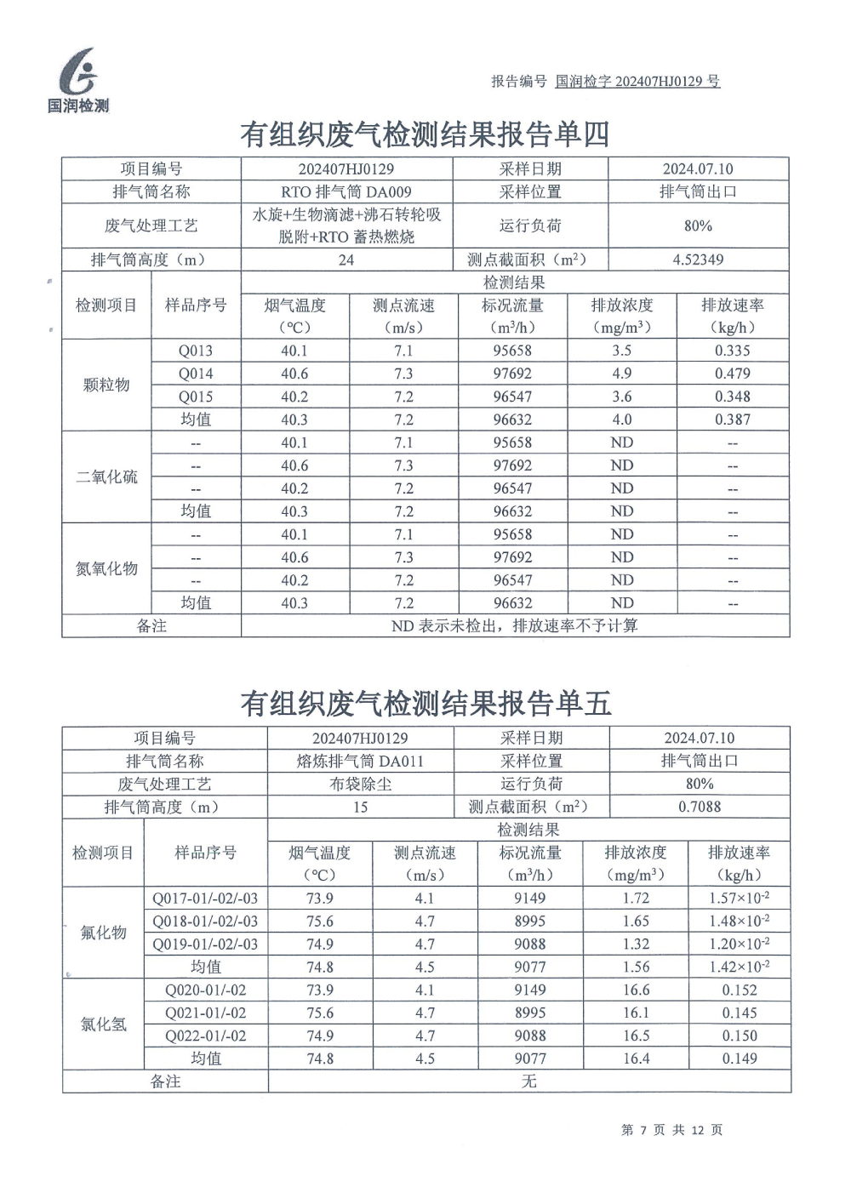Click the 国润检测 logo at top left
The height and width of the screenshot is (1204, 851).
pos(78,81)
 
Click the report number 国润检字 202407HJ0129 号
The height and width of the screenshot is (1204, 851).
pos(637,82)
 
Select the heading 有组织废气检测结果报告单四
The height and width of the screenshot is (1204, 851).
pos(425,134)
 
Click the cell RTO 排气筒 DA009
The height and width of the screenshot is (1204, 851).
pos(346,192)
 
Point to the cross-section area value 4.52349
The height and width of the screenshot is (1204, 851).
pos(698,260)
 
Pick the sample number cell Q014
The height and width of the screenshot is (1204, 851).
pos(196,374)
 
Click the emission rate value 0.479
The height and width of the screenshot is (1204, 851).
pos(732,374)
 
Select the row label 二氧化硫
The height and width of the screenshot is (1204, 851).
pos(106,476)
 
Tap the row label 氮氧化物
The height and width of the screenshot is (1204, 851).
pos(106,568)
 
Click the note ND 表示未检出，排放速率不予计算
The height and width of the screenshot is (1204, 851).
pos(514,626)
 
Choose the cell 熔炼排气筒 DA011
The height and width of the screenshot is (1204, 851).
pos(360,762)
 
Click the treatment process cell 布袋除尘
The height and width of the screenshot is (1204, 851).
pos(360,785)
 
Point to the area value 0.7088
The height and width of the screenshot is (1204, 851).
pos(700,807)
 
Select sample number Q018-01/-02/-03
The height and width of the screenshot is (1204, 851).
pos(205,922)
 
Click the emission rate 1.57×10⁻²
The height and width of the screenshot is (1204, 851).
pos(739,899)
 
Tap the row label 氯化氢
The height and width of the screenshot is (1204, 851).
pos(103,1024)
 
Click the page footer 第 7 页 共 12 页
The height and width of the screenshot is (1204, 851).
pos(671,1130)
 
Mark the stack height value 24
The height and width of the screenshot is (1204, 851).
pos(346,260)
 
